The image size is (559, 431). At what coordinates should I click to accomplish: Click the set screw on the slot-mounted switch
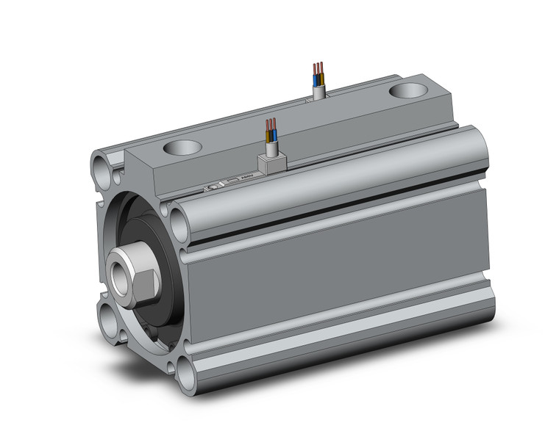coord(214,186)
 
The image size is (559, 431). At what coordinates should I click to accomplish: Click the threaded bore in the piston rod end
coord(119,268)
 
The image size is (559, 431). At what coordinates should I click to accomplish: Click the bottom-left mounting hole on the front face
coord(110,323)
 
